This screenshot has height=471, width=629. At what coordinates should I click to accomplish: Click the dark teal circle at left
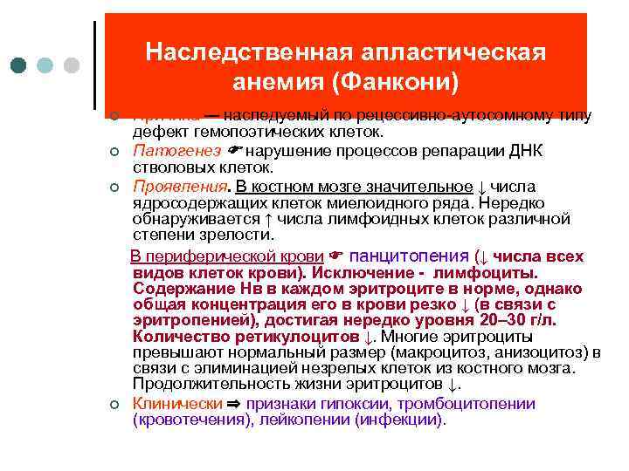[x=18, y=65]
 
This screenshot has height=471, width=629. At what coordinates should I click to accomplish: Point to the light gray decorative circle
[x=73, y=65]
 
